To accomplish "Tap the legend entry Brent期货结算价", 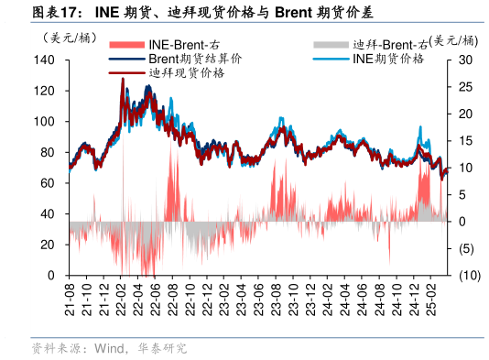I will [195, 59].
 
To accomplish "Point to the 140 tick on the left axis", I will [43, 60].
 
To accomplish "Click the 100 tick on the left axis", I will [43, 122].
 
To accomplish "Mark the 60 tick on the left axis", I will [47, 183].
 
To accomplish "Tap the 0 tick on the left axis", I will [50, 275].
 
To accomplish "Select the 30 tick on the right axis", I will [464, 60].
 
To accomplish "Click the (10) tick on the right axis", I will [467, 275].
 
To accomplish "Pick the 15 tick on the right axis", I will [464, 141].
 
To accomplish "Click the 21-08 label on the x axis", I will [70, 299].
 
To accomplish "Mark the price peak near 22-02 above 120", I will [123, 81].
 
